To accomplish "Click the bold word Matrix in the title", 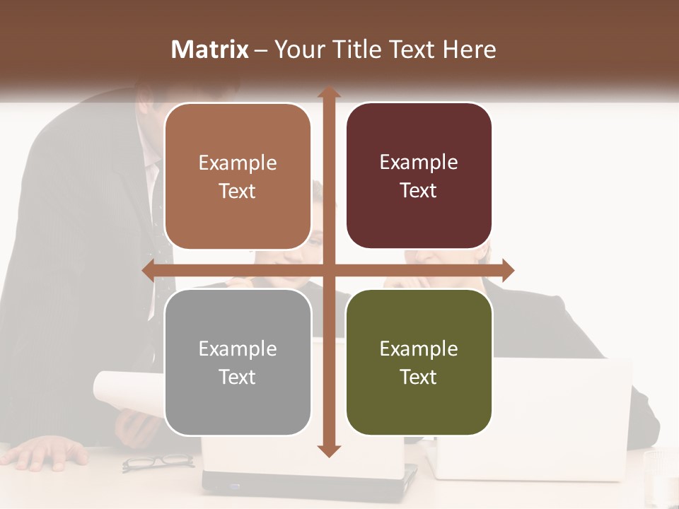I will (x=210, y=49).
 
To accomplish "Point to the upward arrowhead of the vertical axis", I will (x=327, y=93).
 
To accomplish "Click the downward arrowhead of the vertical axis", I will (x=327, y=450).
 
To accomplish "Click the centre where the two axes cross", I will (x=327, y=270).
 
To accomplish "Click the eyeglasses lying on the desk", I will (x=157, y=462).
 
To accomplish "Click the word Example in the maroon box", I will (x=419, y=163).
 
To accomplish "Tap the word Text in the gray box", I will (x=238, y=377).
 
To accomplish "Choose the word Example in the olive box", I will (x=419, y=349).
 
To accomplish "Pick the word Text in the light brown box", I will (x=238, y=191).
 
